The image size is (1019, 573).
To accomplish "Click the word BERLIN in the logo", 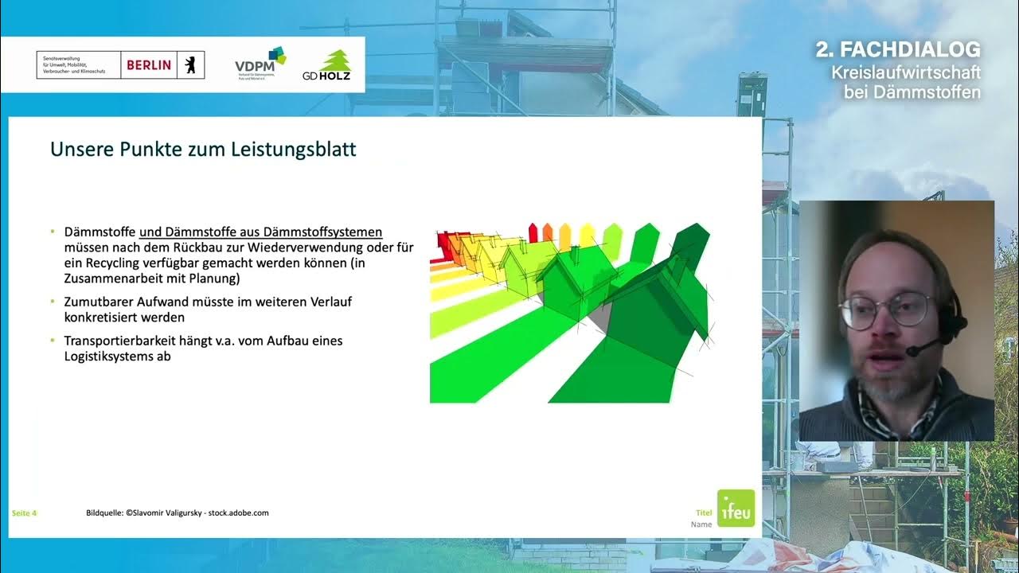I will click(150, 64).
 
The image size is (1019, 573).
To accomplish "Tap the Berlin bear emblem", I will click(190, 64).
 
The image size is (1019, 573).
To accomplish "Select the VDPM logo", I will click(260, 63).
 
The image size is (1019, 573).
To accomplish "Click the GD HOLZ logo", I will click(327, 65).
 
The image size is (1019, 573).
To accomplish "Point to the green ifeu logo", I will click(735, 508).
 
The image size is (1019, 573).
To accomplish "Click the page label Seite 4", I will click(24, 513).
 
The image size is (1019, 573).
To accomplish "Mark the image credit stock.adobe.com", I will click(238, 513).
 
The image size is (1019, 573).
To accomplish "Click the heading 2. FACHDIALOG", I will click(897, 49).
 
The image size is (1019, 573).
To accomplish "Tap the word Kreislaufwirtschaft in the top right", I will click(905, 72).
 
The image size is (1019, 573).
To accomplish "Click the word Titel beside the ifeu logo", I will click(703, 513).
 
